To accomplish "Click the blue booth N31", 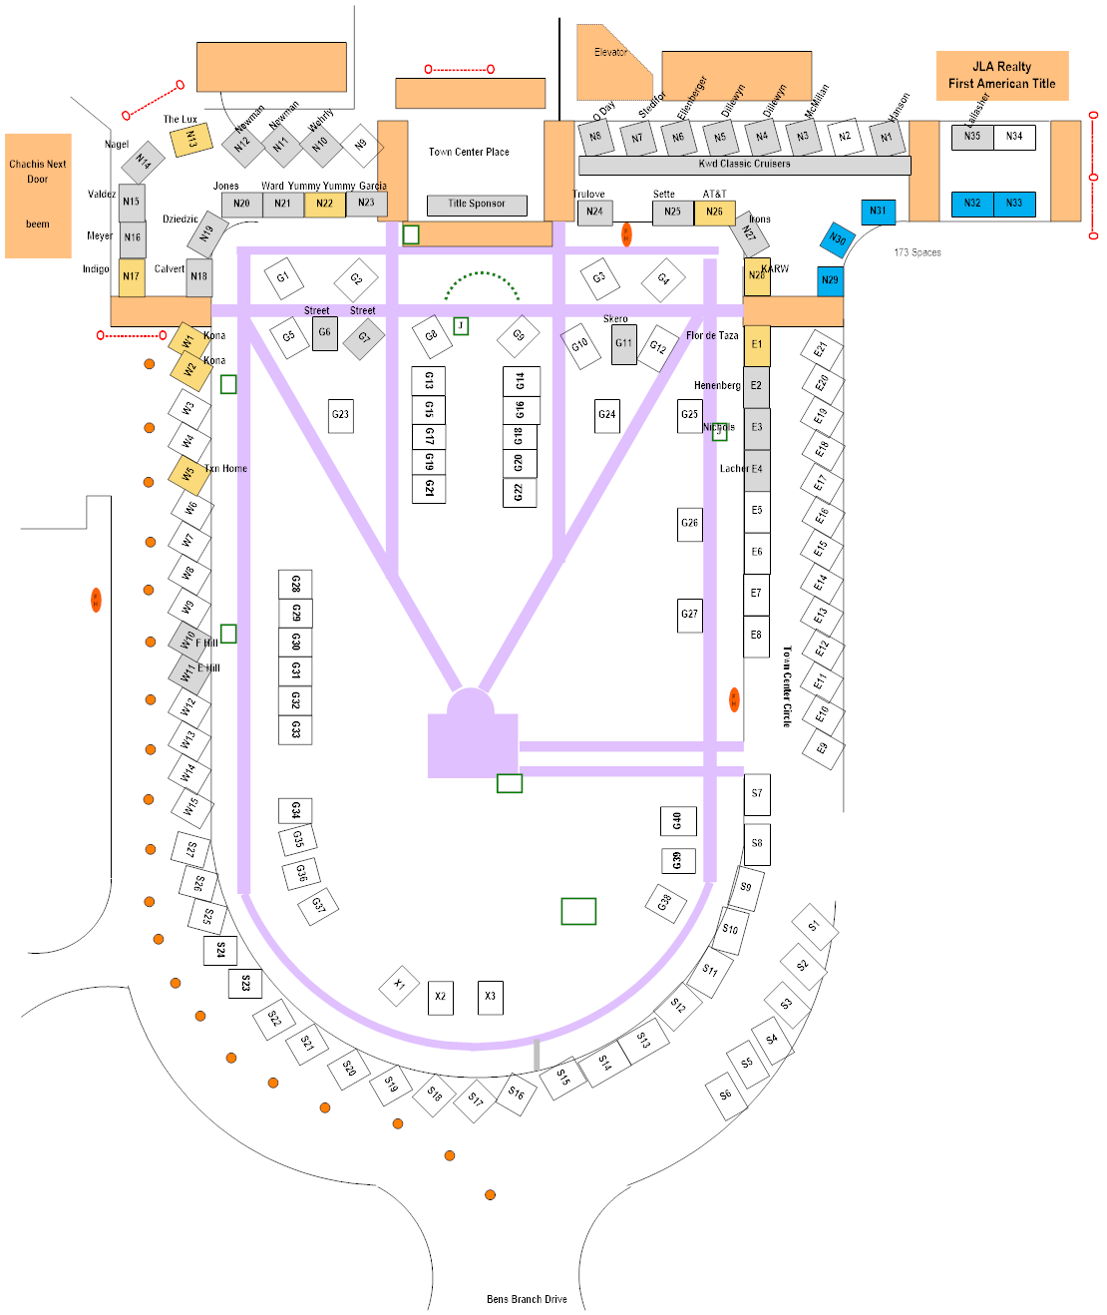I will click(878, 212).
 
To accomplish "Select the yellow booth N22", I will click(325, 204).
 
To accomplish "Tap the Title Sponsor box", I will click(477, 205).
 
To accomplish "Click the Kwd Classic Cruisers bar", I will click(744, 165).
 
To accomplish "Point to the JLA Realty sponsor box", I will click(1001, 76).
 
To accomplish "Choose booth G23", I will click(341, 415).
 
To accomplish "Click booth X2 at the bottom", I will click(441, 997).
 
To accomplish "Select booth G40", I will click(678, 821).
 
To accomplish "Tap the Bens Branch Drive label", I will click(527, 1299).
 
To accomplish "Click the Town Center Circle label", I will click(787, 685).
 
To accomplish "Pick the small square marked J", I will click(461, 326).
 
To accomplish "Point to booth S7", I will click(757, 794).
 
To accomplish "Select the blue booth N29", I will click(830, 280).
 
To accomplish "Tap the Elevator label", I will click(610, 53).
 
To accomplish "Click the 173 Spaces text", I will click(918, 252).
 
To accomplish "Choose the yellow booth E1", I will click(757, 345).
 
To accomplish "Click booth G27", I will click(689, 615).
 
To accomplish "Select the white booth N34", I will click(1014, 137).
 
